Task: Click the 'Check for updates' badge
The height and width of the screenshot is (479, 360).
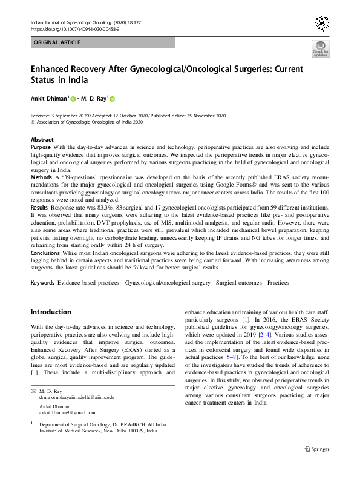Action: coord(321,48)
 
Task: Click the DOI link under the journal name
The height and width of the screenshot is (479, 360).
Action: coord(74,29)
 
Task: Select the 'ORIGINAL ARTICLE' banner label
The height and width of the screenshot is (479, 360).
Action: coord(58,42)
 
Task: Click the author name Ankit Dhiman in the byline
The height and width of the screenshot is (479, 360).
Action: coord(51,99)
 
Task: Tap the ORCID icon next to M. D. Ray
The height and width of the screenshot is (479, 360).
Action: coord(112,99)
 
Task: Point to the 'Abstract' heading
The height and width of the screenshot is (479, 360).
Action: coord(42,140)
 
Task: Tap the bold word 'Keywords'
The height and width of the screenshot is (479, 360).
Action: coord(43,283)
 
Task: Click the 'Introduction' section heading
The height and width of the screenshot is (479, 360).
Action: coord(51,312)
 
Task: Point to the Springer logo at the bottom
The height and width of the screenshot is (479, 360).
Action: coord(316,449)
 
